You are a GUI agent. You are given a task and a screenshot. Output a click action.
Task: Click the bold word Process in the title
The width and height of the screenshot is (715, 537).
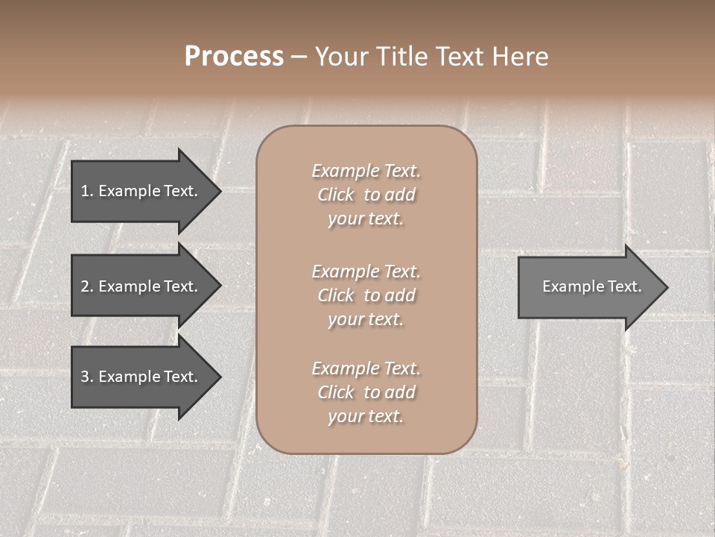tap(234, 57)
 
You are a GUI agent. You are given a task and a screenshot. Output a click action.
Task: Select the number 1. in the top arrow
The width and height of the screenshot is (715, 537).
tap(87, 191)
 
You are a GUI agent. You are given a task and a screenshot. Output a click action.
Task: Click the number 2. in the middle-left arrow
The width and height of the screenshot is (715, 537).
tap(87, 286)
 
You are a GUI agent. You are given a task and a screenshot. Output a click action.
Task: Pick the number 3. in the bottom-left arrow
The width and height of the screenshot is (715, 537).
tap(87, 377)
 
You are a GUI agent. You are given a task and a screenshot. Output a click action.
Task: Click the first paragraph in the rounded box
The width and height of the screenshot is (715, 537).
tap(366, 195)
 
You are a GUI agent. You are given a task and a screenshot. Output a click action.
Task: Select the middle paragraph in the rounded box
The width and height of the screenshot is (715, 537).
tap(366, 295)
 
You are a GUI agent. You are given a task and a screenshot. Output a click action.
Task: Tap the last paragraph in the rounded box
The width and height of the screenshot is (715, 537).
tap(366, 392)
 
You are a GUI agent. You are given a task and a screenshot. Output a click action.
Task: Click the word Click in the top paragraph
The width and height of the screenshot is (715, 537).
tap(336, 195)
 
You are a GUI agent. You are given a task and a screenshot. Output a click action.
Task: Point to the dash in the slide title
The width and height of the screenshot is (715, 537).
tap(299, 57)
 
